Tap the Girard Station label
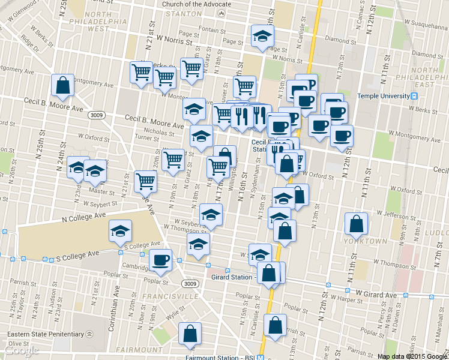click(232, 277)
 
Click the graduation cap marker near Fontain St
click(262, 37)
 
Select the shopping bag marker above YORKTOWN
click(357, 224)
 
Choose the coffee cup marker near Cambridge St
click(160, 260)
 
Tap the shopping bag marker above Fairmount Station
click(190, 335)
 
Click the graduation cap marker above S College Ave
click(120, 231)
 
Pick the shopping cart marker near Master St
click(145, 180)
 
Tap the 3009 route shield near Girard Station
click(190, 283)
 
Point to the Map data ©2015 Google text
click(412, 356)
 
